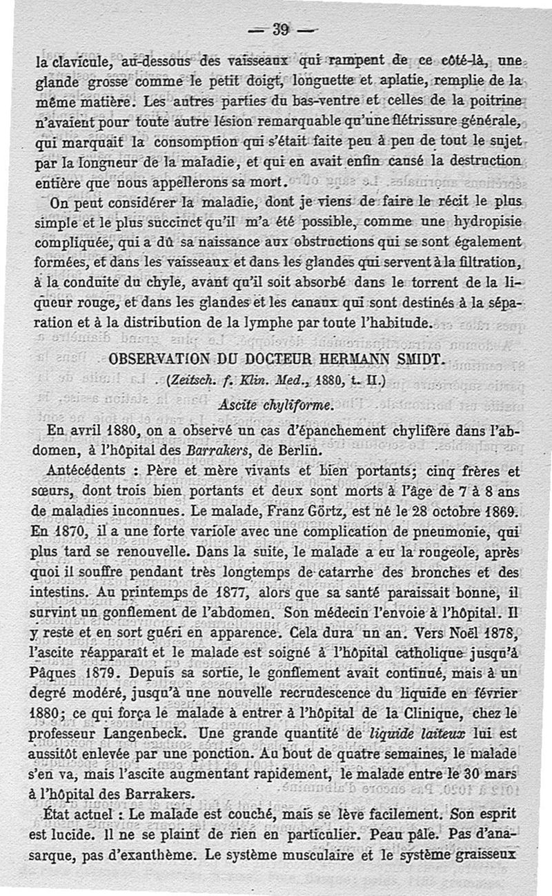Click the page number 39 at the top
(x=280, y=29)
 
